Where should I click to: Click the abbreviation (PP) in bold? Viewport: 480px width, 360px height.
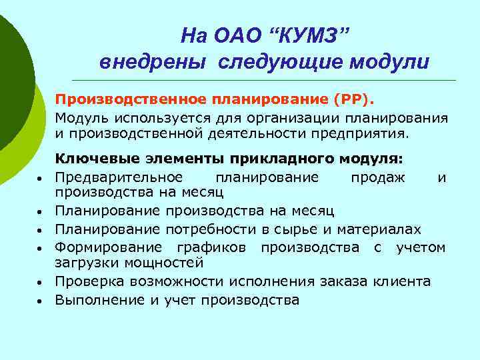(x=354, y=101)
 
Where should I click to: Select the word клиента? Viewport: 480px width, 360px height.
(x=403, y=282)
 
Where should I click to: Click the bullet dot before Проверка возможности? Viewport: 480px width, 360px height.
(x=41, y=283)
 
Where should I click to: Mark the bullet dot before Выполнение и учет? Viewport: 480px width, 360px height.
(x=41, y=301)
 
